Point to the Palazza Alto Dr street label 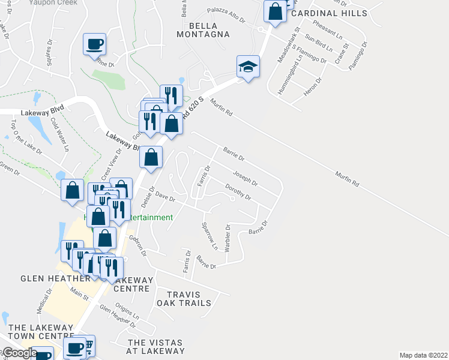226,14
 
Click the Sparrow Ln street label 209,235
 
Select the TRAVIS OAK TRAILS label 184,298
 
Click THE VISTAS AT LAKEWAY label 155,346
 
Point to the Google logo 20,353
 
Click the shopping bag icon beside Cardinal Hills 275,12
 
